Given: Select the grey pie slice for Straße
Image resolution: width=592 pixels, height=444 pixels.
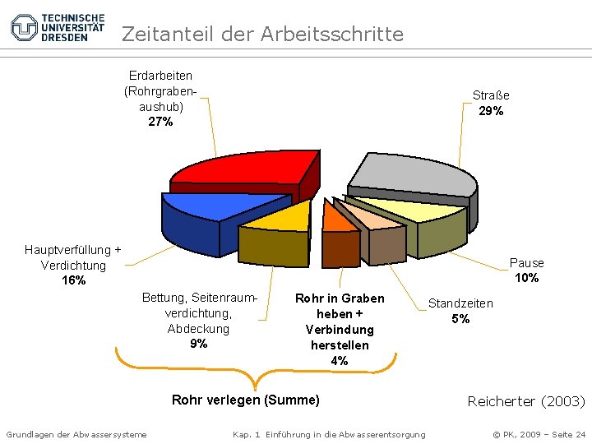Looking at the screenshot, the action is [x=411, y=173].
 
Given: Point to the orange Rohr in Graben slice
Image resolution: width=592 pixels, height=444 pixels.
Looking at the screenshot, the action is [x=335, y=215].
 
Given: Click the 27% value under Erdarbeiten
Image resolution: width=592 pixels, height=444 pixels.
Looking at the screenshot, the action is [x=160, y=122].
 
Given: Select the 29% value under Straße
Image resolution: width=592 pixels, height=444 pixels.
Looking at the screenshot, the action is [x=491, y=111].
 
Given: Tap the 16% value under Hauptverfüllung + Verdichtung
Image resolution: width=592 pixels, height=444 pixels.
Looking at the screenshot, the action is [x=73, y=280].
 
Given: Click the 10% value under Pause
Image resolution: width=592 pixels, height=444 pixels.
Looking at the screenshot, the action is [x=527, y=278].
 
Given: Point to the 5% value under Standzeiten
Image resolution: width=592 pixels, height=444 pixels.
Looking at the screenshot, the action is [x=460, y=319].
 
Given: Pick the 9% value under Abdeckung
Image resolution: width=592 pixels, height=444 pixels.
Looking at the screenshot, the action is [x=198, y=344].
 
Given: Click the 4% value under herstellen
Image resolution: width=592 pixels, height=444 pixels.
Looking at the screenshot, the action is [x=340, y=360].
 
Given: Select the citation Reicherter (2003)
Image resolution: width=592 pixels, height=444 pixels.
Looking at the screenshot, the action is [x=526, y=401].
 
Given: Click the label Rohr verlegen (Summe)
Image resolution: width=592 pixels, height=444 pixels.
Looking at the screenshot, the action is [x=245, y=400].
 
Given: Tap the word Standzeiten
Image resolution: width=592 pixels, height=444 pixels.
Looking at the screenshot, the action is [x=460, y=303].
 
